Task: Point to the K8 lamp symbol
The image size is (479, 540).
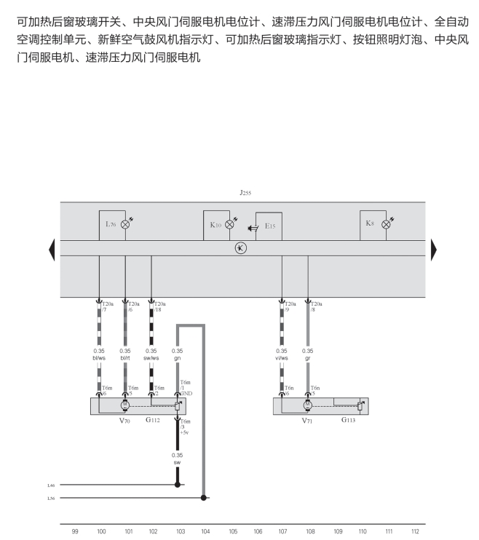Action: [386, 224]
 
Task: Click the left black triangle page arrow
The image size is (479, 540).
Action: [52, 249]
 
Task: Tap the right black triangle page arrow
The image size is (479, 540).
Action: [434, 249]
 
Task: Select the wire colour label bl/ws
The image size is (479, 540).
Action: [100, 357]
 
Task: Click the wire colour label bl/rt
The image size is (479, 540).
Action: [125, 357]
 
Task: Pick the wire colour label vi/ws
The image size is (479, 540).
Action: [282, 357]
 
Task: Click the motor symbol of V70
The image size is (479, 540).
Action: [125, 404]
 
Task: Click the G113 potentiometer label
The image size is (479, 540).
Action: [349, 420]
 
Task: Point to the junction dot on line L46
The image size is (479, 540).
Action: [177, 484]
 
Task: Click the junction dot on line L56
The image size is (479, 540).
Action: [204, 499]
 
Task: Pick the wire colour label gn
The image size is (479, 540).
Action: [177, 357]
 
